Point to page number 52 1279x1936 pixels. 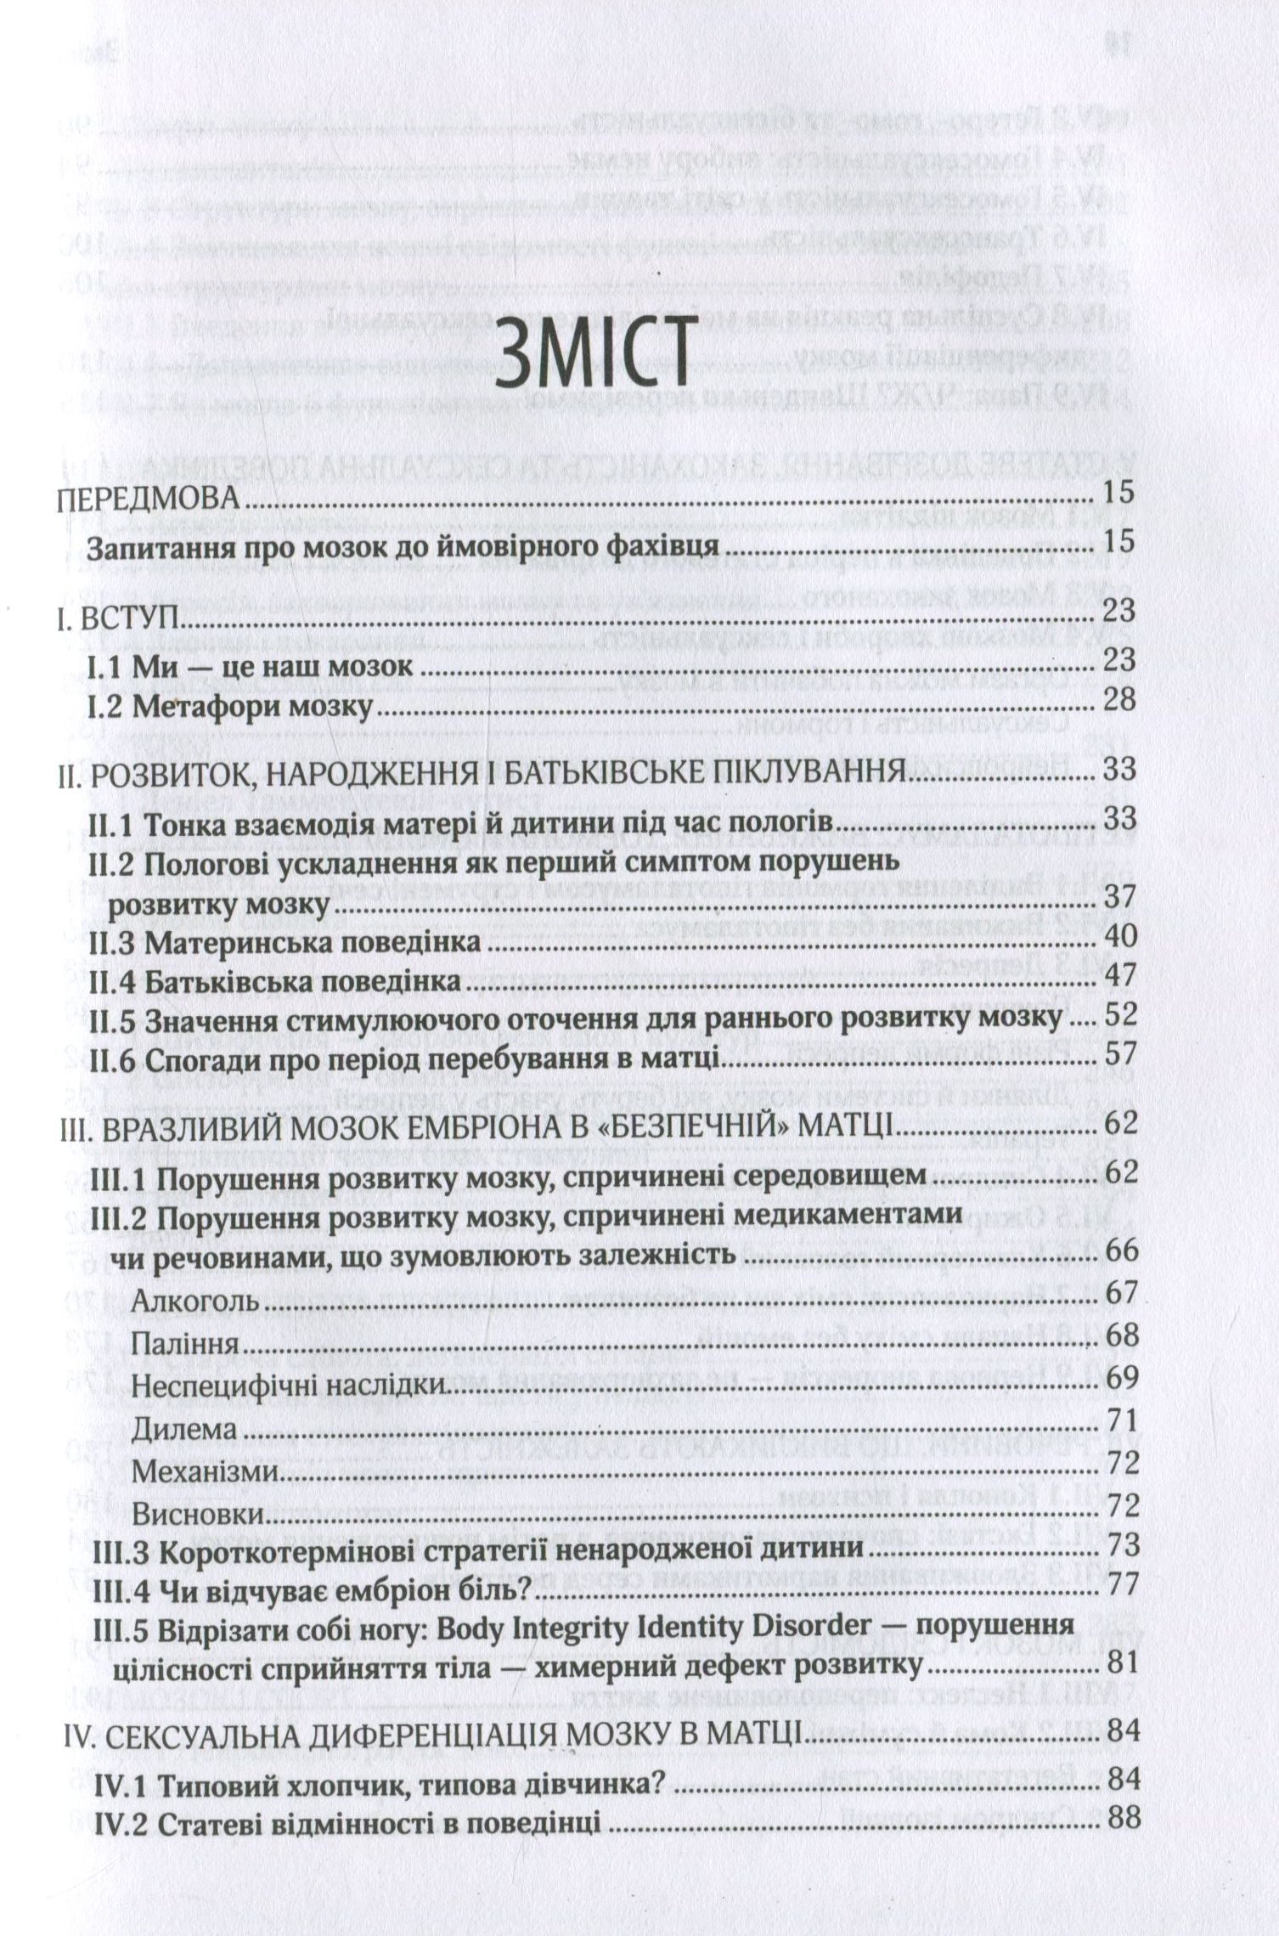coord(1118,1018)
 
